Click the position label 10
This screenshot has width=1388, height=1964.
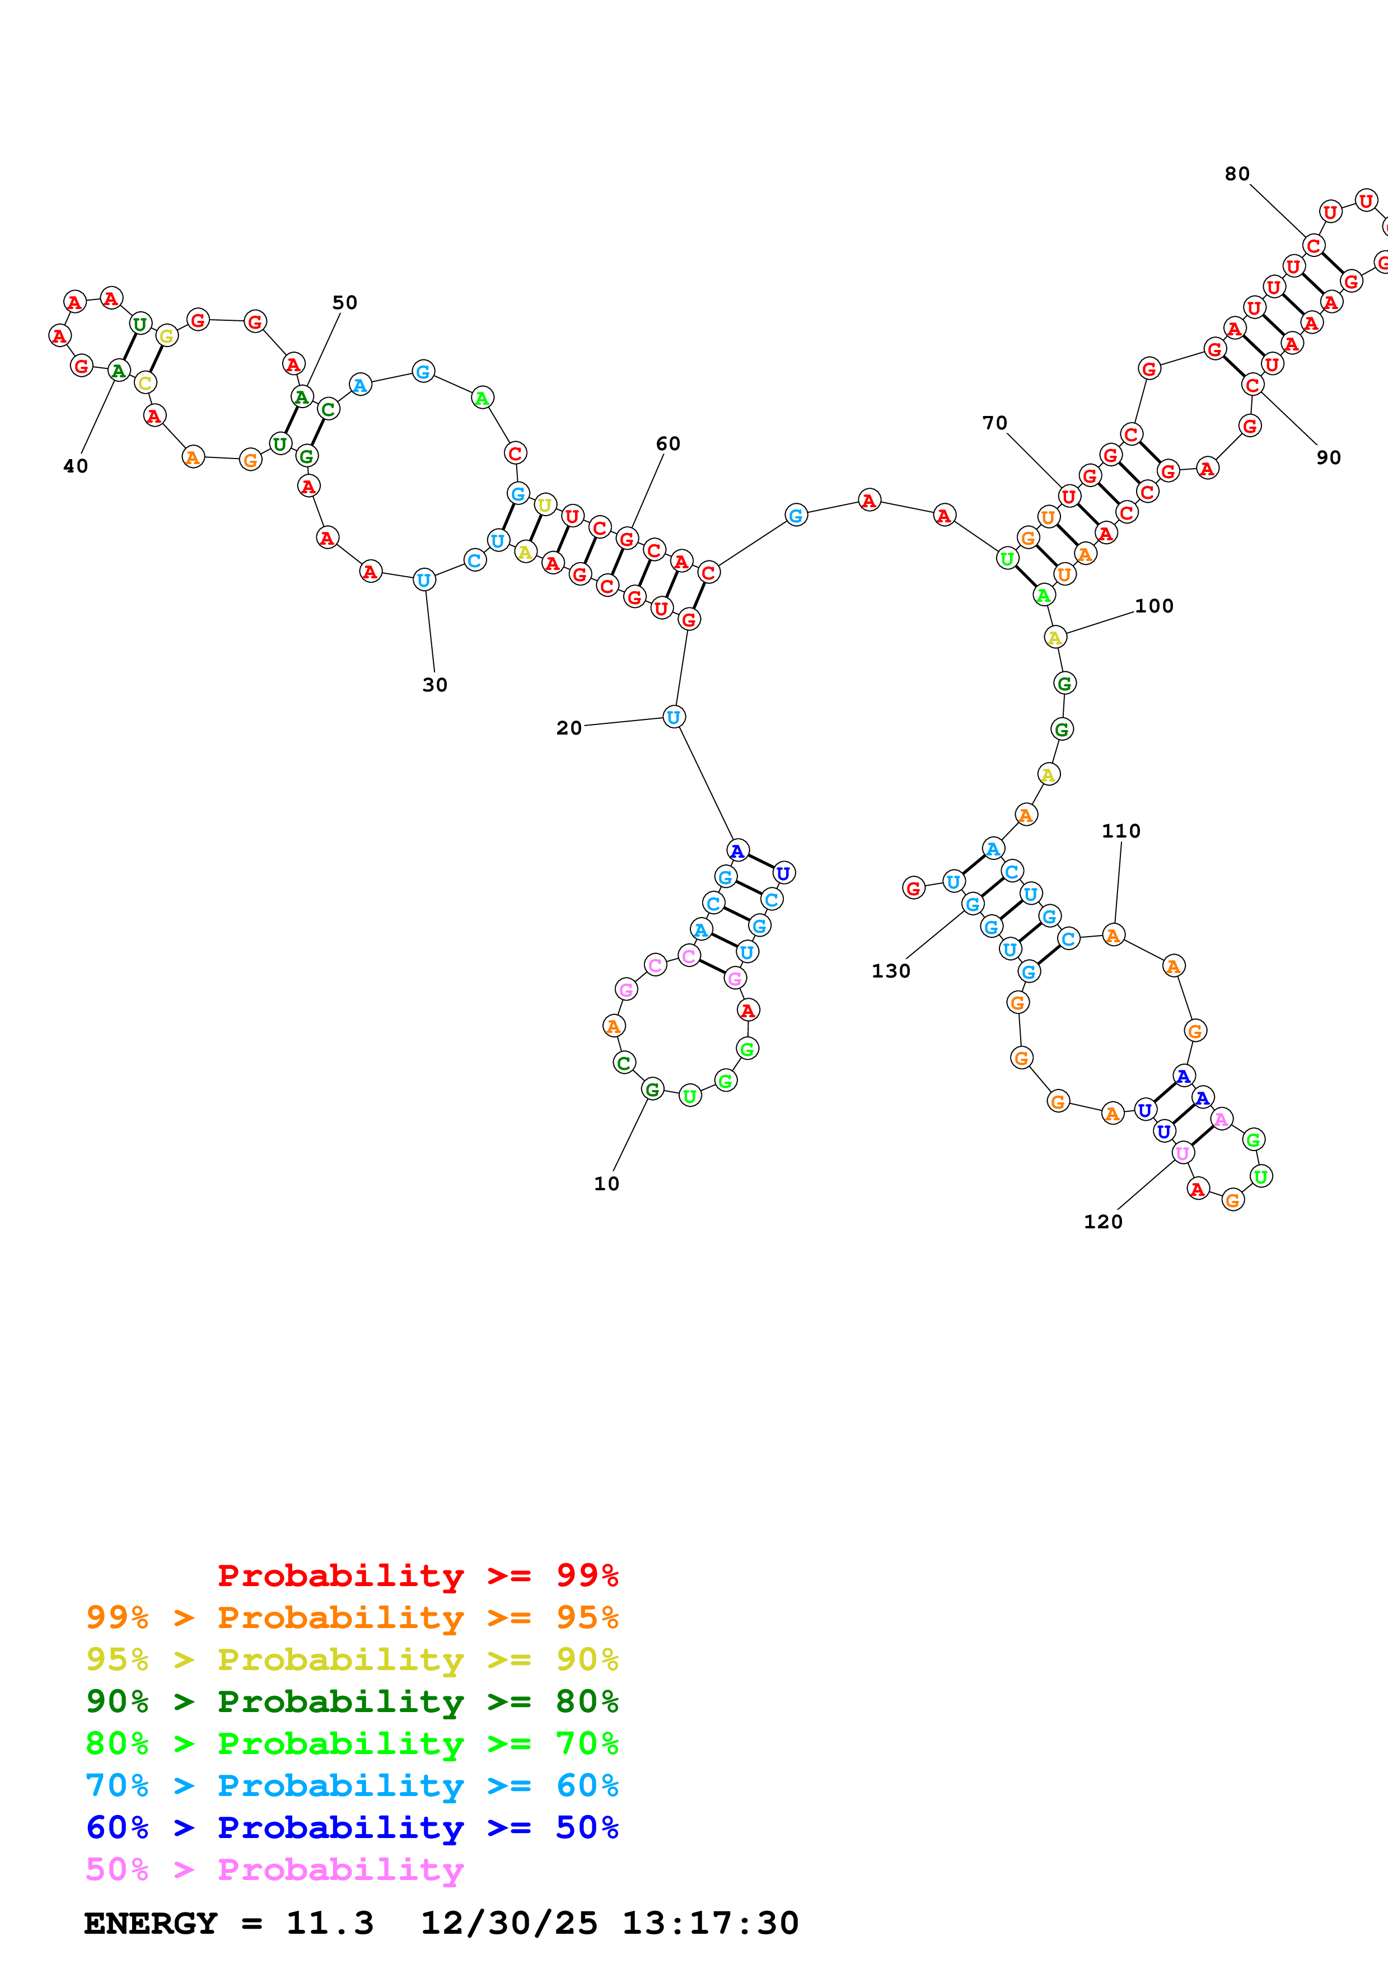coord(606,1184)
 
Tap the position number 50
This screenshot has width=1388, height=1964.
coord(345,303)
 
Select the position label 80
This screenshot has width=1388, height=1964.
coord(1237,175)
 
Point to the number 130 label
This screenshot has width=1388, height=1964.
coord(890,971)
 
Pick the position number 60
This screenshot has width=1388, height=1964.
coord(668,444)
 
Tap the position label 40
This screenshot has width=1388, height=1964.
coord(75,466)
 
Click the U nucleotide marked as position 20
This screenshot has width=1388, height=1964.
coord(673,718)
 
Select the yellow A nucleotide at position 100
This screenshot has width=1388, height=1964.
coord(1054,637)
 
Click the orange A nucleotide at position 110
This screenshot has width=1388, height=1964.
coord(1113,936)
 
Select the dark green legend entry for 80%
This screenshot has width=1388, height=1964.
coord(352,1701)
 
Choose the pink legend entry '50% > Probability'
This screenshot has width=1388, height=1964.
coord(274,1869)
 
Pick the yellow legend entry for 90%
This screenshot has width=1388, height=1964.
coord(352,1659)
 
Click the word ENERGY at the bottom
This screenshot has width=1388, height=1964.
coord(151,1923)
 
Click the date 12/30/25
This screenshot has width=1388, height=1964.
coord(509,1923)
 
